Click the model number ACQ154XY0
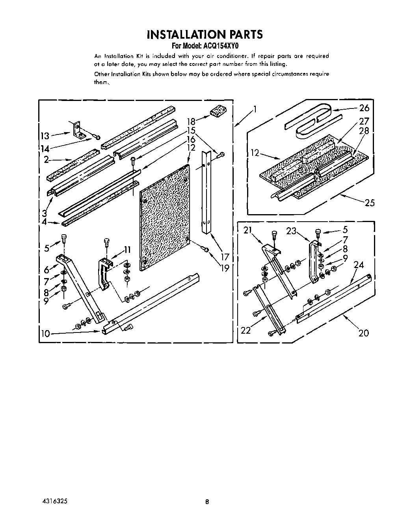(217, 45)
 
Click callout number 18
(191, 121)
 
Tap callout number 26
(364, 108)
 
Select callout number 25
(369, 203)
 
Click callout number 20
(363, 333)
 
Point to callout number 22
(246, 330)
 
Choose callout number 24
(358, 265)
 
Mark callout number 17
(225, 257)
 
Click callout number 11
(127, 249)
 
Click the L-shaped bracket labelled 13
(79, 130)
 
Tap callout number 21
(247, 231)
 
